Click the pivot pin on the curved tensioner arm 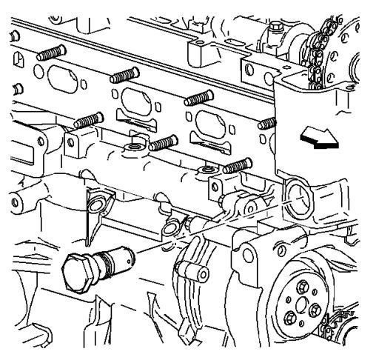[202, 276]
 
